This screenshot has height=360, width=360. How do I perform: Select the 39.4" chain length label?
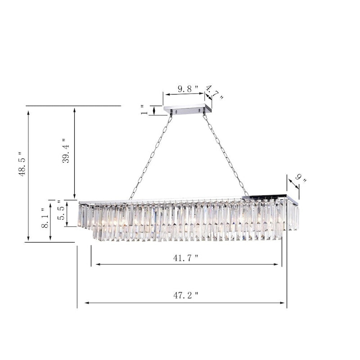click(66, 151)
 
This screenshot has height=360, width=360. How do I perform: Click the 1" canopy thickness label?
click(144, 110)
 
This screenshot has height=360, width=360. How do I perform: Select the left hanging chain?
click(150, 155)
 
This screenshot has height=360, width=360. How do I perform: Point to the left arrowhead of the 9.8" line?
click(166, 94)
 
